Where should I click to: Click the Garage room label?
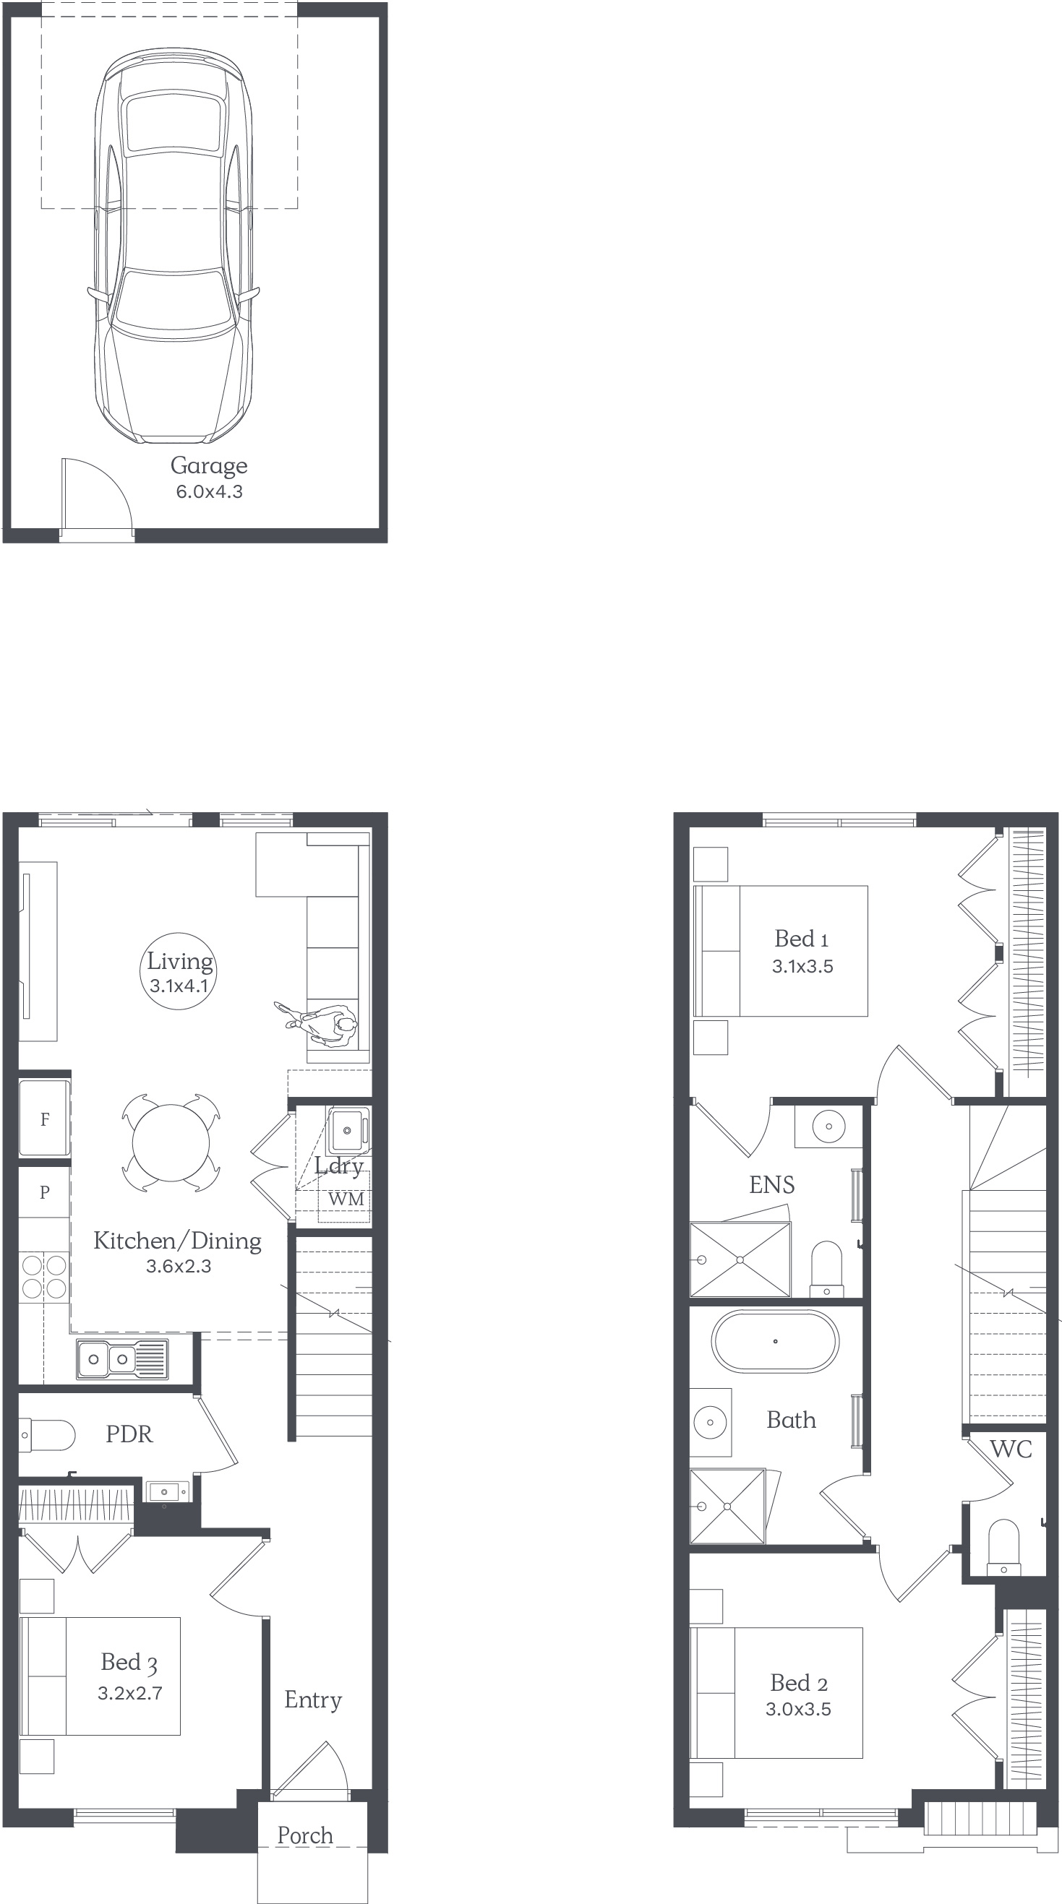(208, 465)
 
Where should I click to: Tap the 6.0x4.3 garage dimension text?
(210, 491)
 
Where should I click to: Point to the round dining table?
(171, 1143)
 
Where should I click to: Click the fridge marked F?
(44, 1119)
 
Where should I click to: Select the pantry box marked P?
(44, 1192)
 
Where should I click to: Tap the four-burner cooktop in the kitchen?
(44, 1277)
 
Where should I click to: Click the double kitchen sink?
(122, 1359)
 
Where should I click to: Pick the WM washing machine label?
(346, 1199)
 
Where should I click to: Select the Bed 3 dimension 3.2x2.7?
(130, 1692)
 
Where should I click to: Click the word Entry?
(313, 1700)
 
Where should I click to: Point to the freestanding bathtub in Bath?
(775, 1342)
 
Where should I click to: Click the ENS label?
(772, 1185)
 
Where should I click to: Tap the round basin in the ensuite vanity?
(828, 1127)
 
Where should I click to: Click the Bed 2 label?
(799, 1683)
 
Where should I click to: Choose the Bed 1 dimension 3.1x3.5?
(802, 966)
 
